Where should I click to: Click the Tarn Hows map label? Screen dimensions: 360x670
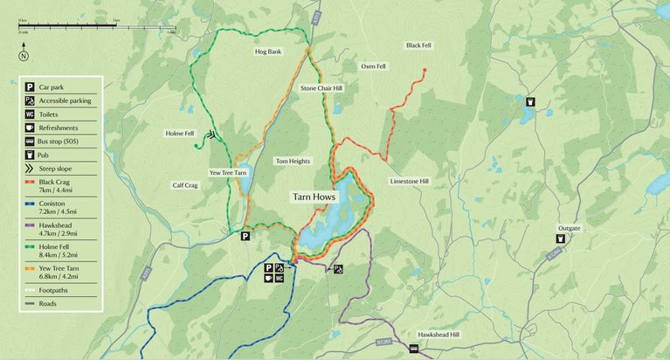(x=313, y=197)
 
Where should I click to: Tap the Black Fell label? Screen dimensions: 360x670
(x=418, y=45)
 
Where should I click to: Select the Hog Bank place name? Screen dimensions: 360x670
(x=268, y=52)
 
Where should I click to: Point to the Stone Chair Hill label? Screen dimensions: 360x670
(x=321, y=89)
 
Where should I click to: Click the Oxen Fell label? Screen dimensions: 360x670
(x=373, y=66)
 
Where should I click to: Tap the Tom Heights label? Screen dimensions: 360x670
(x=293, y=162)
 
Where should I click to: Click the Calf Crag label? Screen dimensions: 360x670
(x=185, y=185)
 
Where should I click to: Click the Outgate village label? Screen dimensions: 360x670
(x=569, y=228)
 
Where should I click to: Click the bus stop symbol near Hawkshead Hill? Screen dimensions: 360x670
(x=413, y=349)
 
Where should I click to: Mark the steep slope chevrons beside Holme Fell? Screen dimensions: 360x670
(x=211, y=135)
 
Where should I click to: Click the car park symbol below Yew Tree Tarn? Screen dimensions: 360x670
(x=245, y=236)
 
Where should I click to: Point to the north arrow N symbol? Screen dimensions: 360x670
(x=24, y=57)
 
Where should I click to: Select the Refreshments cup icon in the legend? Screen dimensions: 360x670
(x=30, y=128)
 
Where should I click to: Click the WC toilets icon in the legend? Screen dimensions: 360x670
(x=30, y=114)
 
